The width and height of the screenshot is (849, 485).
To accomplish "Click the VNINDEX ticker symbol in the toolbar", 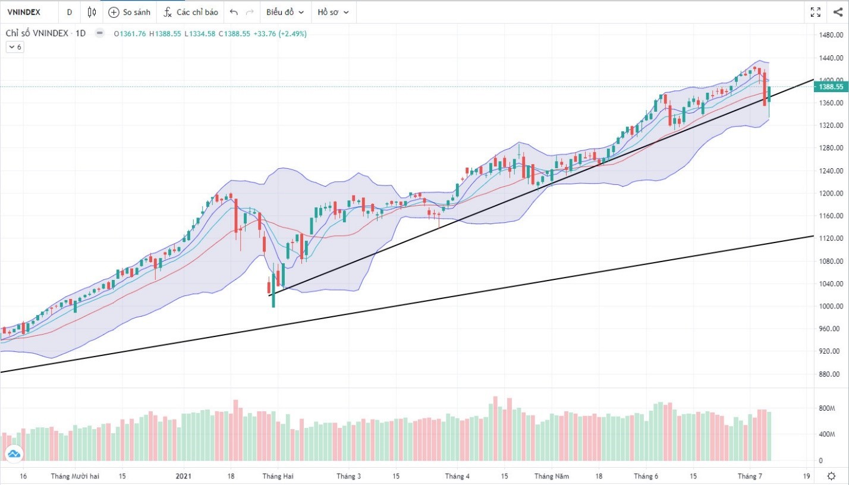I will click(24, 12).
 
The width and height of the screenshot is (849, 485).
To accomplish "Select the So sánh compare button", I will click(130, 12).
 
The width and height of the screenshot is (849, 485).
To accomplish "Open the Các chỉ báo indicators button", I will click(191, 12).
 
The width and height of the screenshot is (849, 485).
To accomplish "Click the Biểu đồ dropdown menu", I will click(285, 12).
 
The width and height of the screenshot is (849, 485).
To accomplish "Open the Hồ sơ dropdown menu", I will click(333, 12).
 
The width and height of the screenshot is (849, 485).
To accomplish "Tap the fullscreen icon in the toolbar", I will click(816, 12).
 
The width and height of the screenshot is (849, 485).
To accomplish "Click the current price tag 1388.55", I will click(831, 87).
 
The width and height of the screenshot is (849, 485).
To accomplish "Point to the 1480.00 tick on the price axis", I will click(831, 35).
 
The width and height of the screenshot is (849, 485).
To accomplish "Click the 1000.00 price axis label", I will click(831, 307).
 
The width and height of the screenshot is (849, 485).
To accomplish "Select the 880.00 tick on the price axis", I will click(831, 374).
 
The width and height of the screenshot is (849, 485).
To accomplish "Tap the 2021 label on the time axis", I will click(184, 476).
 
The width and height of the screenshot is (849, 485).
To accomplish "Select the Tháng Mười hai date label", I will click(74, 476).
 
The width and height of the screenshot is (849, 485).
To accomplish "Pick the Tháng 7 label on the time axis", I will click(749, 476).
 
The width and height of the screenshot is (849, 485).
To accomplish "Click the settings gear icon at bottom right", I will click(831, 476).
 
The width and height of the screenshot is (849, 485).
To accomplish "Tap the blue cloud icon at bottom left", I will click(13, 455).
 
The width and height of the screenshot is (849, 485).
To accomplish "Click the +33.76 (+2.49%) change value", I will click(280, 34).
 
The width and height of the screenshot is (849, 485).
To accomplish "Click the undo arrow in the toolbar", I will click(234, 12).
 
